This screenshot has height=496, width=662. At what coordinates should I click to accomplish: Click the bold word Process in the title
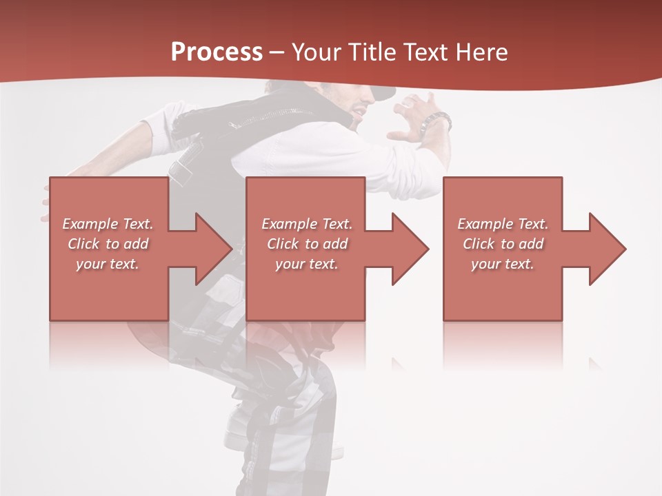click(x=217, y=52)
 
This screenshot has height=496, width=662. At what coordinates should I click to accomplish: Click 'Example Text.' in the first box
click(x=108, y=224)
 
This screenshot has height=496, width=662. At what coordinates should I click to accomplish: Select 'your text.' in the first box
click(x=108, y=264)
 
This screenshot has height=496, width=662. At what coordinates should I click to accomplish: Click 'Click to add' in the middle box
click(x=307, y=244)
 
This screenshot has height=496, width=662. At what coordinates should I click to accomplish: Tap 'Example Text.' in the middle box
click(x=307, y=224)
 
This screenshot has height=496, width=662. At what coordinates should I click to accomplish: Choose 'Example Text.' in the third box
click(x=503, y=224)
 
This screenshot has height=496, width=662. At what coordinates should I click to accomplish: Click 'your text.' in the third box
click(x=503, y=264)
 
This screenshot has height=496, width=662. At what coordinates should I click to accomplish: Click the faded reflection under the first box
click(x=108, y=344)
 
